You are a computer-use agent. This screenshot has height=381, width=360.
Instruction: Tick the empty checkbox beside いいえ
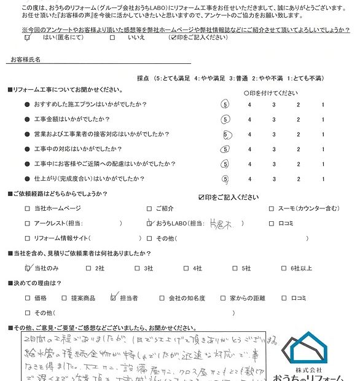coord(112,37)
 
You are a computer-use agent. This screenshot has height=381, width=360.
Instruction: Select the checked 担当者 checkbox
coord(112,298)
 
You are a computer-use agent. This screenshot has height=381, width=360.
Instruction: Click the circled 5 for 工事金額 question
coord(225,119)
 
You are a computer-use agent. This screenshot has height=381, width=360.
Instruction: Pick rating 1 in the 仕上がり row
coord(323,179)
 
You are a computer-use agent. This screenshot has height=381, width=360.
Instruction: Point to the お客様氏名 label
coord(26,60)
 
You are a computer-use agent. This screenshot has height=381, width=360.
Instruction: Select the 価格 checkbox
coord(27,298)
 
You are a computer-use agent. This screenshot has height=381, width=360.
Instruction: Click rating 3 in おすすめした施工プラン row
coord(273,104)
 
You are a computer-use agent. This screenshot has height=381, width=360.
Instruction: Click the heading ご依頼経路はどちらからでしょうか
coord(58,194)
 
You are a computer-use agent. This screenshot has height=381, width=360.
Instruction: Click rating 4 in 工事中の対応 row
coord(249,149)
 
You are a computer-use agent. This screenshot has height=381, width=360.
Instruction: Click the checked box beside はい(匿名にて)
coord(27,37)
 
